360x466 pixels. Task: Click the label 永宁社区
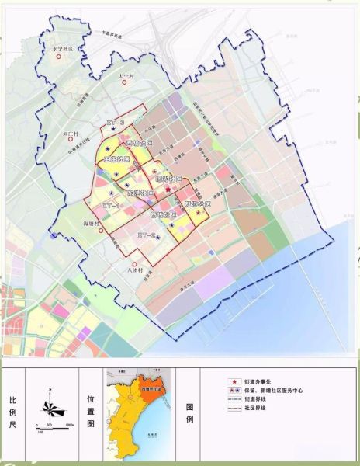coord(61,48)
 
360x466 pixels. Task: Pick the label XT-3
coord(116,123)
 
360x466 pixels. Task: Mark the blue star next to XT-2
coord(160,238)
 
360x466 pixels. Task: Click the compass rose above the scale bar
coord(49,405)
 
